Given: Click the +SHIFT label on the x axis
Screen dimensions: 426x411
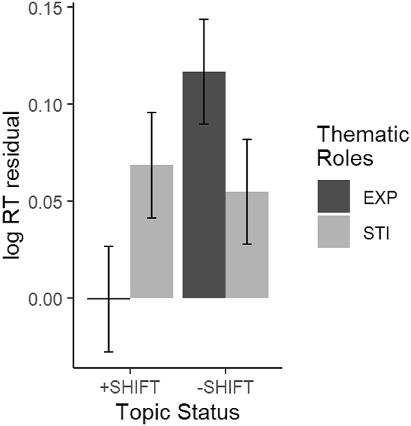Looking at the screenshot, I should pyautogui.click(x=130, y=384).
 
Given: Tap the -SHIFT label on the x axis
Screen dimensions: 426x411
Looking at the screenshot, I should pyautogui.click(x=225, y=384).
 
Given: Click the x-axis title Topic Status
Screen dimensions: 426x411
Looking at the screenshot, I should pyautogui.click(x=177, y=412).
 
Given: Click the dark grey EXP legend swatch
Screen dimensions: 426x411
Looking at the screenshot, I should pyautogui.click(x=334, y=197).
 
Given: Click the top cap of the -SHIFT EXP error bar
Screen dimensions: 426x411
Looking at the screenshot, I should pyautogui.click(x=203, y=19).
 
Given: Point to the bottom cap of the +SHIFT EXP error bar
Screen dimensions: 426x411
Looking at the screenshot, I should pyautogui.click(x=108, y=351).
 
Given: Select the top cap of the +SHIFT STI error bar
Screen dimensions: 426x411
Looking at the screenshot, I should pyautogui.click(x=151, y=113).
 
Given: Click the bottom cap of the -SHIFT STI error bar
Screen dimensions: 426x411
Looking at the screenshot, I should pyautogui.click(x=246, y=244).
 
